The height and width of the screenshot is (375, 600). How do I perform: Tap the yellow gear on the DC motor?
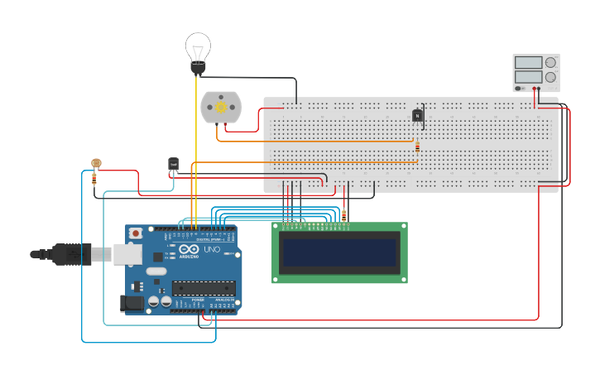221,108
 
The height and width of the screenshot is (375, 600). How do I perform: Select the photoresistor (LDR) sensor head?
95,164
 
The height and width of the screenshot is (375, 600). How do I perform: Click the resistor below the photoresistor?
94,177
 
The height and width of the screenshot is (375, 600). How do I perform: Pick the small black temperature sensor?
173,165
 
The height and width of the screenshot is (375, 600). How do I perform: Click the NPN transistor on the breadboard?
418,115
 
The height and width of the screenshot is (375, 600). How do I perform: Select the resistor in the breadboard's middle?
417,147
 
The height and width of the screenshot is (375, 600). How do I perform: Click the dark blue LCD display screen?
339,252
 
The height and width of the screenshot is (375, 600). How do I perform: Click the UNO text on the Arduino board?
212,249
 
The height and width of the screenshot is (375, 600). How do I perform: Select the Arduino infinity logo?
189,249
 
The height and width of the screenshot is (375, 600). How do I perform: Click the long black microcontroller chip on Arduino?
204,288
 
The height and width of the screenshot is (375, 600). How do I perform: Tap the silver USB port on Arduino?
127,254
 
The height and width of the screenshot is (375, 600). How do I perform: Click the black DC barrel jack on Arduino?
132,304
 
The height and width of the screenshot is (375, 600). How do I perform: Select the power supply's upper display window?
528,62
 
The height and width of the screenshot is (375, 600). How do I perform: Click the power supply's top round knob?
550,62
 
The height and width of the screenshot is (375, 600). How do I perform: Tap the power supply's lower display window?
528,77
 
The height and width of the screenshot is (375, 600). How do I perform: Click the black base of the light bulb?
198,68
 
